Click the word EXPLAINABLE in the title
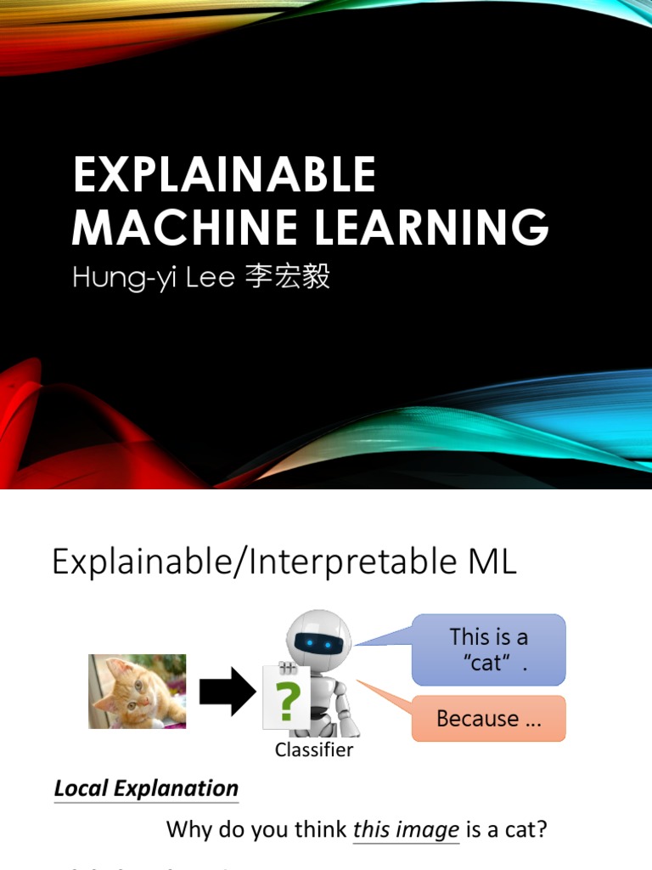[x=224, y=175]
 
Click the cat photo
[x=137, y=691]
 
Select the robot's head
[x=318, y=637]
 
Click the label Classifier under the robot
[x=313, y=749]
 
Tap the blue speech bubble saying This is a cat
[x=488, y=649]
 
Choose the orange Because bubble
[x=488, y=719]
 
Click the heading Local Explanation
[x=146, y=788]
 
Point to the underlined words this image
[x=406, y=829]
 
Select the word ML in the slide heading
[x=491, y=562]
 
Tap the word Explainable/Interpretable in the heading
[x=252, y=563]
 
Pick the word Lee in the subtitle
[x=210, y=278]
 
